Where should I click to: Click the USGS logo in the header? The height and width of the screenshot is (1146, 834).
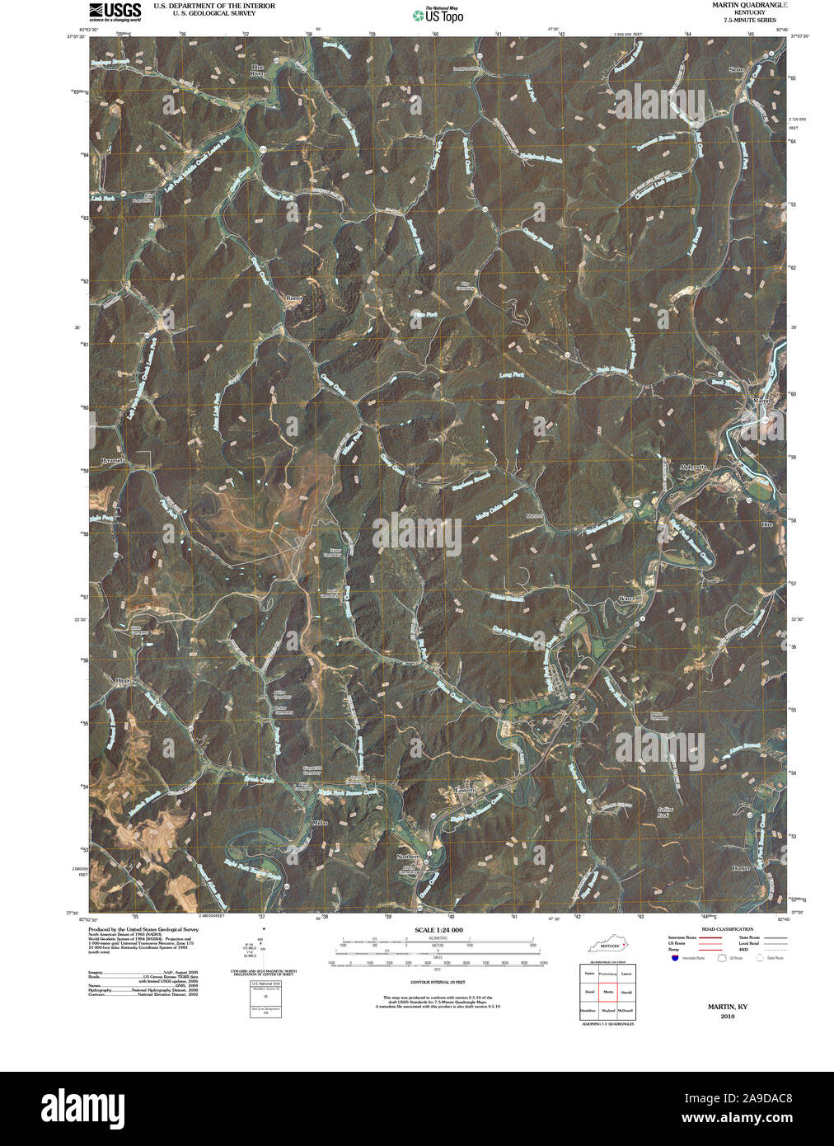coord(115,11)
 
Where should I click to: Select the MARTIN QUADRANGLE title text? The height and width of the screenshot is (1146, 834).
coord(744,5)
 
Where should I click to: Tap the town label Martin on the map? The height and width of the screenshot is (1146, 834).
coord(761,401)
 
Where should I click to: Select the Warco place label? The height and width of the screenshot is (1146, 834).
coord(628,599)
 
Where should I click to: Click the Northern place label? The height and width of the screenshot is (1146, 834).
coord(409,857)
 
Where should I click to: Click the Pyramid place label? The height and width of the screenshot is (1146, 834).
coord(111,460)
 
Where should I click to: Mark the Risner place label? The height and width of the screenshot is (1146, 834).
coord(293,298)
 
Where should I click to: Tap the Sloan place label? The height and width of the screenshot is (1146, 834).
coord(736,69)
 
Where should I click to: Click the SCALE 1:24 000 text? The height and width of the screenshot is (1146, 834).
coord(438,930)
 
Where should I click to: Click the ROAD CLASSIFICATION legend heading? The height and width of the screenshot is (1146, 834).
coord(722,929)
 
